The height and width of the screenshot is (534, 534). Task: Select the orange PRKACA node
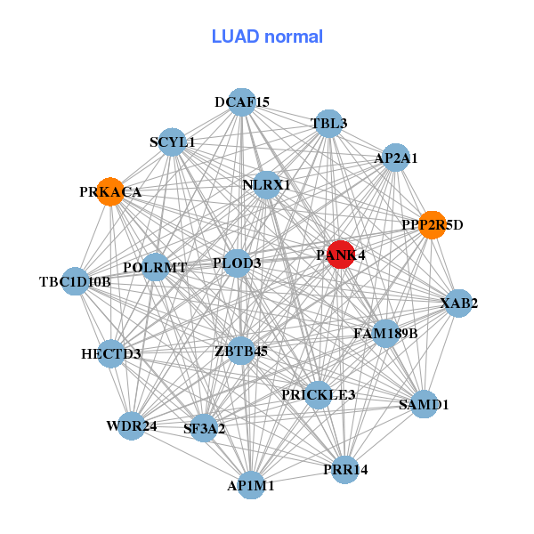110,191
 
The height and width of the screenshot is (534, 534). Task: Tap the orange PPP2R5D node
432,224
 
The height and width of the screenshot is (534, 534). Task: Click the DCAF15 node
242,102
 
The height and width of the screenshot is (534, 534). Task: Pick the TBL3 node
329,124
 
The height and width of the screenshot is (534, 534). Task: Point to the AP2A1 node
395,158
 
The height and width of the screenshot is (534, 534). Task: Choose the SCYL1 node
172,142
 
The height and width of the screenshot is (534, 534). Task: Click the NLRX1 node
266,184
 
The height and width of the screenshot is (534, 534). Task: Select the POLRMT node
156,267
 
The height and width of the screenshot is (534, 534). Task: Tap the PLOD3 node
237,263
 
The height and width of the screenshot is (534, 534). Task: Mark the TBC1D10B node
76,282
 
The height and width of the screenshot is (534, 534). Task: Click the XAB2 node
458,303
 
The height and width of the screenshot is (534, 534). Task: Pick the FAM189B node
385,334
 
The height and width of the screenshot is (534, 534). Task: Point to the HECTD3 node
111,353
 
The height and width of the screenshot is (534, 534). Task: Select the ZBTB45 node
240,351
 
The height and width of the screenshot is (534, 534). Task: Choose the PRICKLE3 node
318,394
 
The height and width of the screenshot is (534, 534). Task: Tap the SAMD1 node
424,404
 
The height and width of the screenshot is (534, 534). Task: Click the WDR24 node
132,425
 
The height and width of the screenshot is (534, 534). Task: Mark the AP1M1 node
251,485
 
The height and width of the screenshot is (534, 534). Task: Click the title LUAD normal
267,36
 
